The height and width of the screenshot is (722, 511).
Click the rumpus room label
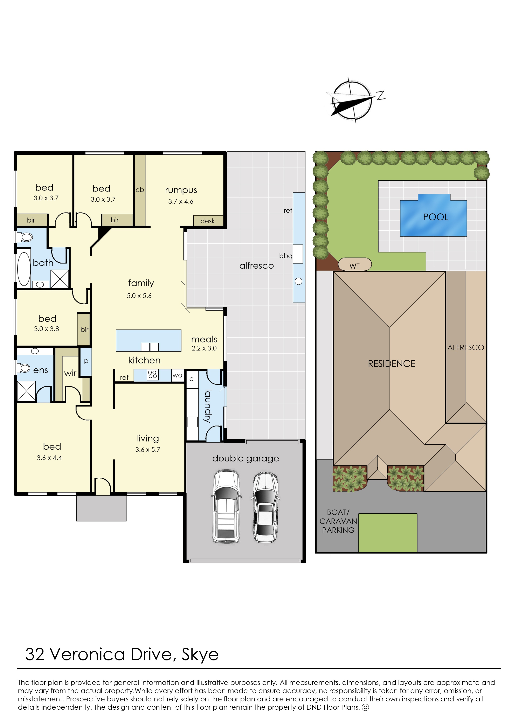181,190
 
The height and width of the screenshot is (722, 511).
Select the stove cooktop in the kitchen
153,375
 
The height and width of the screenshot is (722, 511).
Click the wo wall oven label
177,375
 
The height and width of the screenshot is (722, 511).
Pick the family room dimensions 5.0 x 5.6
139,296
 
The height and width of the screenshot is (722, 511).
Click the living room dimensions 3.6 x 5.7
147,450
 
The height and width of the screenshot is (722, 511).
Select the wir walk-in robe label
70,373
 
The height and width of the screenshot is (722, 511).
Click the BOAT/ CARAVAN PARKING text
338,521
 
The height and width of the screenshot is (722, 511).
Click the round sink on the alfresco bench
299,282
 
